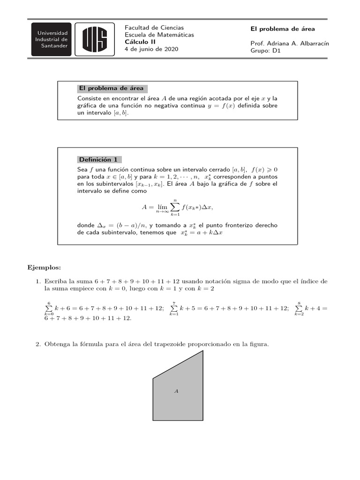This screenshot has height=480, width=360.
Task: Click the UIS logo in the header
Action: [x=95, y=38]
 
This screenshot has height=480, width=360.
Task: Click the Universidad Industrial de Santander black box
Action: [x=52, y=39]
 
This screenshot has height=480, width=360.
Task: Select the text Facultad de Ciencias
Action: [x=154, y=28]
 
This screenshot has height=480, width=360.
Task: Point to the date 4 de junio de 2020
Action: [x=151, y=49]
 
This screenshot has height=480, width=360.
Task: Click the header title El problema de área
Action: [x=282, y=29]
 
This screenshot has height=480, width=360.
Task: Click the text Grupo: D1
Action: [x=265, y=51]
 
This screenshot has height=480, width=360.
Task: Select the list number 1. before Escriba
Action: [x=39, y=281]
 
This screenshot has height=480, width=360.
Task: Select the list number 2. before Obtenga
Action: [x=39, y=345]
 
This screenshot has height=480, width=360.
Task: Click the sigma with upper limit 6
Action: [x=49, y=308]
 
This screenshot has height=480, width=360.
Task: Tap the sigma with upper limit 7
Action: [x=173, y=308]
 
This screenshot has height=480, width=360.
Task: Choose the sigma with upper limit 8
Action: [x=299, y=308]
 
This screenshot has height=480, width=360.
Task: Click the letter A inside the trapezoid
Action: [x=177, y=390]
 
